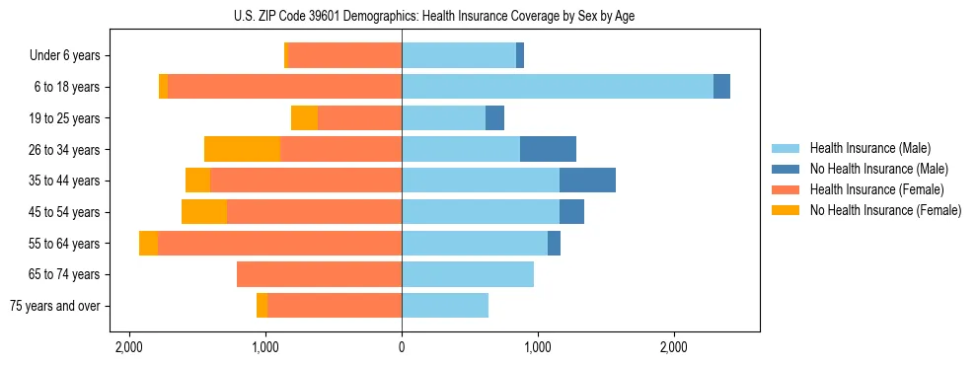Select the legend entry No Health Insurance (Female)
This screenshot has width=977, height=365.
tap(884, 210)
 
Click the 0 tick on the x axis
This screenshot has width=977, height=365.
tap(402, 348)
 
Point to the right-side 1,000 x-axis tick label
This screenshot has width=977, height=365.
tap(538, 348)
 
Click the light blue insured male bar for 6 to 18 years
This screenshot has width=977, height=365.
tap(557, 87)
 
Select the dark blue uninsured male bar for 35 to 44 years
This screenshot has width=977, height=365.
tap(587, 181)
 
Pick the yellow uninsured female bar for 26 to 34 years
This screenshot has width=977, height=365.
tap(242, 149)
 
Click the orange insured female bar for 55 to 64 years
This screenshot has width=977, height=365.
tap(279, 243)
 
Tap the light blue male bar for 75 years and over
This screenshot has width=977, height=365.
tap(445, 306)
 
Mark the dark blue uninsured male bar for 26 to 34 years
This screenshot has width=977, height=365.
tap(548, 149)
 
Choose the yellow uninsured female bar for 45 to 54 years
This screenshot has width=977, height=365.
tap(204, 212)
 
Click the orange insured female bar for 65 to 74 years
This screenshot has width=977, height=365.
tap(319, 274)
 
